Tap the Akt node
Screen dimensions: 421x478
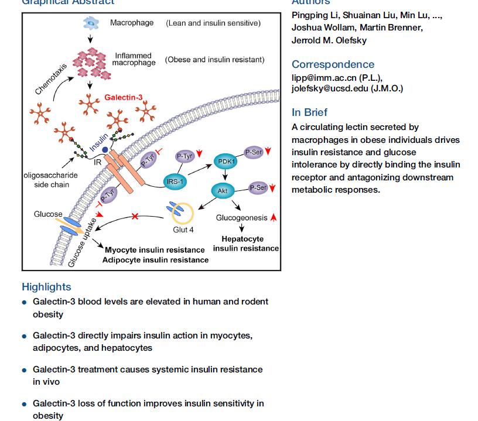point(223,191)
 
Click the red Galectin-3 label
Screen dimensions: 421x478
point(123,97)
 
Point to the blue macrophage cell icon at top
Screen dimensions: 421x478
point(91,23)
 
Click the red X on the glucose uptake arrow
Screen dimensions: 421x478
point(135,217)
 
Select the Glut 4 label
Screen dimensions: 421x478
point(183,230)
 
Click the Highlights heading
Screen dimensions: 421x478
point(46,287)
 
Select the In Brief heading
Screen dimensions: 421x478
point(309,112)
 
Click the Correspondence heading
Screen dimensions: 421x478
point(333,64)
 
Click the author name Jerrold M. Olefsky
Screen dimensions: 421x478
point(329,40)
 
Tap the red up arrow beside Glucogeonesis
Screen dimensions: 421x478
point(274,218)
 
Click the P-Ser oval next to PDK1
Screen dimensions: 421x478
point(254,152)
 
